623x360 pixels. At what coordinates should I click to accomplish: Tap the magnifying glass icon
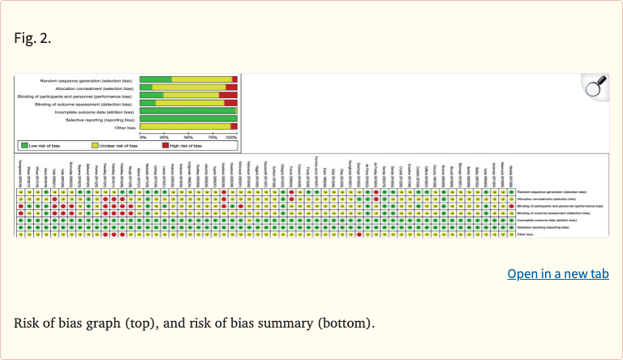click(596, 87)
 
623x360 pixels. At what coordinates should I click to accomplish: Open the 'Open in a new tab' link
click(558, 273)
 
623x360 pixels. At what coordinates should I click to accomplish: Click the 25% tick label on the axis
click(164, 137)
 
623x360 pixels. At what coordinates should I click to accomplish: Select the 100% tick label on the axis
click(232, 137)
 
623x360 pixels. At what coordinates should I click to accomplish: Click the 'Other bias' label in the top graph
click(124, 127)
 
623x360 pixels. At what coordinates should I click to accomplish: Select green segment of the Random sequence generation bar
click(156, 79)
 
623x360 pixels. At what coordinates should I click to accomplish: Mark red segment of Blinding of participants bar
click(228, 96)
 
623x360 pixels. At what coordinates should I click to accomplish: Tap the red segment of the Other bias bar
click(234, 127)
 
